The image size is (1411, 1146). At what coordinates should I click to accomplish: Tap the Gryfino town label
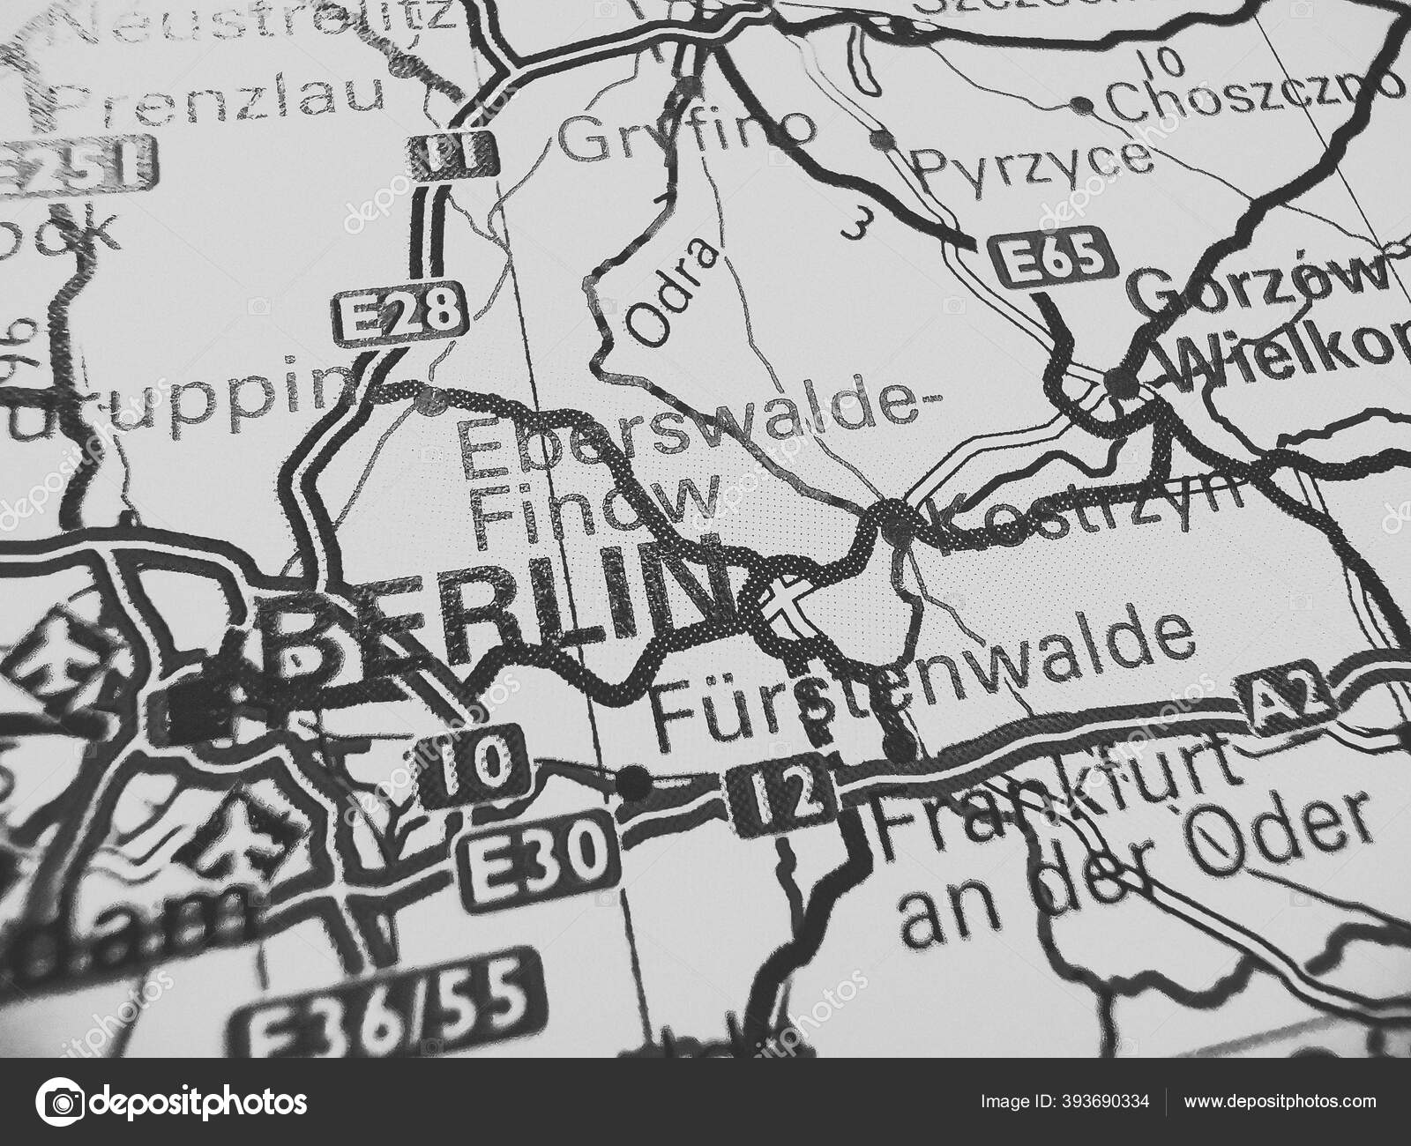click(688, 137)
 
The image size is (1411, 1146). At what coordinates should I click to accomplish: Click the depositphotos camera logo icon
click(63, 1103)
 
